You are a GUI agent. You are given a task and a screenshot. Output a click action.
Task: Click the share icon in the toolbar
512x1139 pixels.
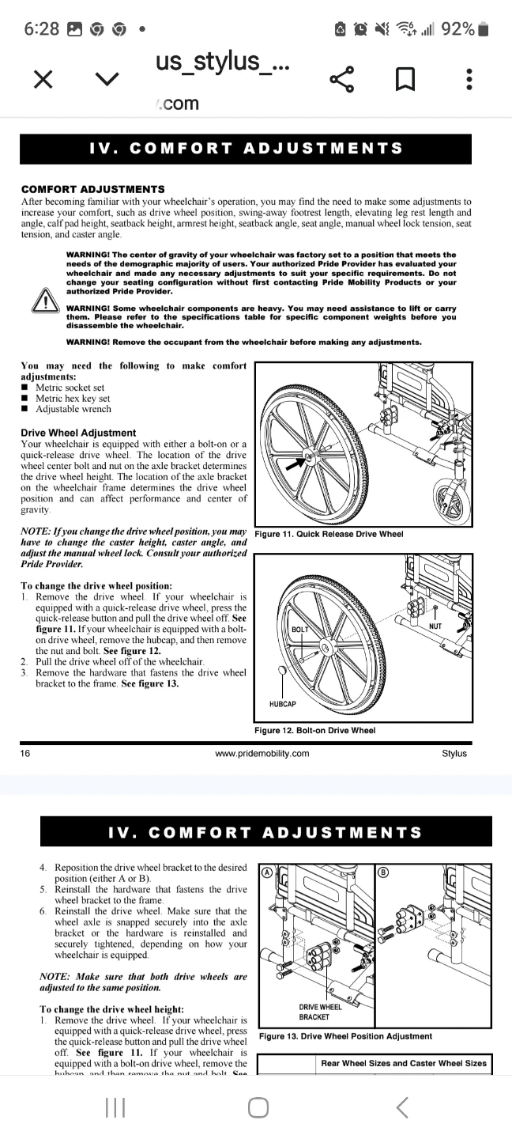point(341,78)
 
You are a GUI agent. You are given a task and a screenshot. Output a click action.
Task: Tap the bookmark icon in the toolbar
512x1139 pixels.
point(405,78)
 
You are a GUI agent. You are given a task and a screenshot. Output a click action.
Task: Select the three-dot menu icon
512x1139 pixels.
point(469,78)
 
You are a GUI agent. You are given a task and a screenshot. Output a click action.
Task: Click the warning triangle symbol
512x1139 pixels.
point(43,304)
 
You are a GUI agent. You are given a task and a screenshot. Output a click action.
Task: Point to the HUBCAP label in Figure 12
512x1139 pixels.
point(282,703)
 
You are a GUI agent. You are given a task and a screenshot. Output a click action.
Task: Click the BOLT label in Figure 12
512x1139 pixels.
point(300,630)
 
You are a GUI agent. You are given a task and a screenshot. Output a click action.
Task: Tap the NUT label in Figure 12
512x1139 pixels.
point(435,626)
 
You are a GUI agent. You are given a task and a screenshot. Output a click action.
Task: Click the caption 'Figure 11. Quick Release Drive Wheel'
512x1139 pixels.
point(329,534)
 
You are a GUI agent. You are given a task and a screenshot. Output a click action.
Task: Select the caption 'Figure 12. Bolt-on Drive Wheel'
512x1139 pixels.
point(314,730)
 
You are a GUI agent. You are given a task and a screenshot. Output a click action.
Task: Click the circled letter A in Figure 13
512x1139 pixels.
point(267,872)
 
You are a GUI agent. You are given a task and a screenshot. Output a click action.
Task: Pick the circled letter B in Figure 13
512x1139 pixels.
point(385,872)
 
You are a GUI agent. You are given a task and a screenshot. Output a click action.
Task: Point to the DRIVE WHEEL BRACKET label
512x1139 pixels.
point(320,1012)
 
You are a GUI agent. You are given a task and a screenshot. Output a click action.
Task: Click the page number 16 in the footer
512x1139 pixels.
point(25,753)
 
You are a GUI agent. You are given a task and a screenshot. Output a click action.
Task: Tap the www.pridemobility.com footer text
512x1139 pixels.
point(262,753)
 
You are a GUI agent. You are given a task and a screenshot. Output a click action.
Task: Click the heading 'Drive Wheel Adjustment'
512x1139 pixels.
point(78,433)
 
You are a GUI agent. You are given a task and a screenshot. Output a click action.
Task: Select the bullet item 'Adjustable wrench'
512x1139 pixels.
point(73,409)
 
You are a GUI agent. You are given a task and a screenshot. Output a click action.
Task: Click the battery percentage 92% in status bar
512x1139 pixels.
point(458,29)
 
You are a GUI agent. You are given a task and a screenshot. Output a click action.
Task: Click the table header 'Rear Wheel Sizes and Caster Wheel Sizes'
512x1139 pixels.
point(403,1063)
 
